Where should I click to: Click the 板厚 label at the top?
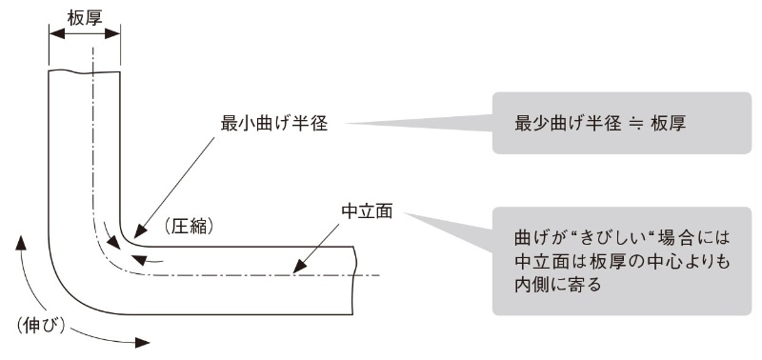coord(85,15)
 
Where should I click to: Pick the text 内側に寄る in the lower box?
coord(557,283)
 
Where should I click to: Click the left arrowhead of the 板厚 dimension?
coord(53,32)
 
